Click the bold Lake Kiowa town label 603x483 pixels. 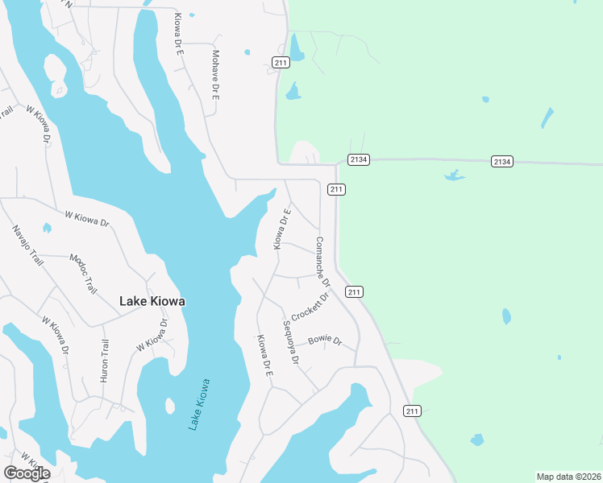pos(152,301)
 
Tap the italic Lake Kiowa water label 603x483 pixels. pos(198,403)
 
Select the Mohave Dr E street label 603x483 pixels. pos(216,74)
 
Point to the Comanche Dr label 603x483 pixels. pos(322,261)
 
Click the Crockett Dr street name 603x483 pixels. pos(311,306)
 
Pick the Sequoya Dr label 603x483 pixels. pos(291,343)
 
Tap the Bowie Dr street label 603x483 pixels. pos(325,341)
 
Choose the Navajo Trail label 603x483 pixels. pos(27,246)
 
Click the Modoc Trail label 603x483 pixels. pos(83,273)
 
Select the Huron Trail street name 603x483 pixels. pos(103,360)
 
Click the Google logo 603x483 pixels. pos(27,473)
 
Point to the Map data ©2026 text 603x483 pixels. pos(569,477)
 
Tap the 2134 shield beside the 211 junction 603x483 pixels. pos(359,160)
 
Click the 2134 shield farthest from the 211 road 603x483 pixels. pos(501,162)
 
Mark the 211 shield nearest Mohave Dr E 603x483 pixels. pos(281,63)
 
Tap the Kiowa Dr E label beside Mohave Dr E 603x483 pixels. pos(181,33)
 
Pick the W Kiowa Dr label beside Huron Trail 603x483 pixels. pos(152,336)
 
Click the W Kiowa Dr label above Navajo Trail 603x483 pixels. pos(87,218)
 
